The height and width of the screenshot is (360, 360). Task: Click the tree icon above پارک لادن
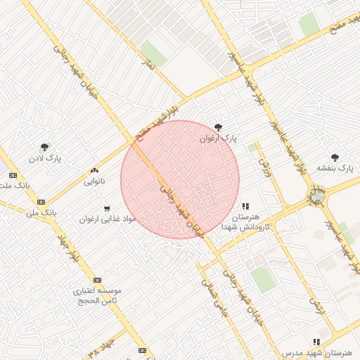click(x=45, y=147)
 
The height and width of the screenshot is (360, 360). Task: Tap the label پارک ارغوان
click(x=219, y=139)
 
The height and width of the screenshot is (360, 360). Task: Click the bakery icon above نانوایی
click(x=94, y=170)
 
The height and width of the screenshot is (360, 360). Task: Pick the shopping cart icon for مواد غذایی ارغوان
click(x=107, y=208)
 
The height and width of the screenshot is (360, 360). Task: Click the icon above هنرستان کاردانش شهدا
click(x=245, y=206)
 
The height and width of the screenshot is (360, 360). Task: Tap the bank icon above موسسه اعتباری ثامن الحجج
click(x=97, y=279)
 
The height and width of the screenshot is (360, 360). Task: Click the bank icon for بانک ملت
click(x=13, y=175)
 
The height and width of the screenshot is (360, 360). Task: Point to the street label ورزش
click(x=264, y=167)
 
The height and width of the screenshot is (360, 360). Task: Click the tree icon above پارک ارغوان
click(x=219, y=127)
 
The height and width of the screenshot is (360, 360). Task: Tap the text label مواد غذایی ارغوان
click(x=107, y=219)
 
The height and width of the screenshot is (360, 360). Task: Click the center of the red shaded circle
click(x=180, y=179)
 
